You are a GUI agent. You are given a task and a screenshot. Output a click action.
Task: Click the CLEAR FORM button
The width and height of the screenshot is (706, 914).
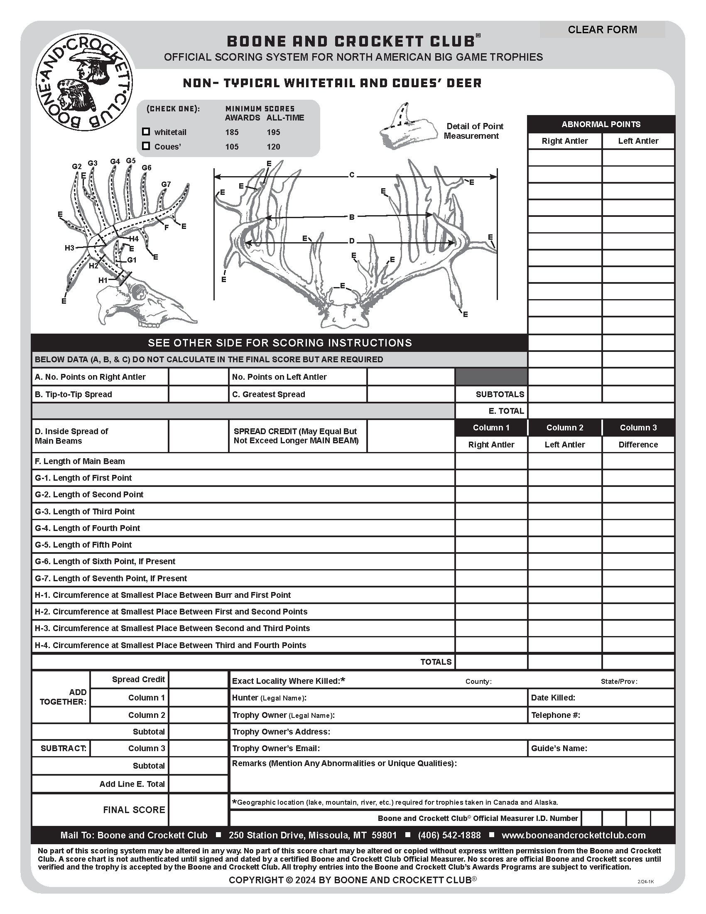click(602, 30)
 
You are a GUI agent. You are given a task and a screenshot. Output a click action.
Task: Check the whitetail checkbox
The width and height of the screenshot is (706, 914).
click(146, 132)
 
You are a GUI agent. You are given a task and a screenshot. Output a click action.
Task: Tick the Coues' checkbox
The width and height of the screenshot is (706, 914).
click(146, 146)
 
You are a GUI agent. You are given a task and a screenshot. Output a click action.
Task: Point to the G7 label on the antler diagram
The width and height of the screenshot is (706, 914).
click(166, 184)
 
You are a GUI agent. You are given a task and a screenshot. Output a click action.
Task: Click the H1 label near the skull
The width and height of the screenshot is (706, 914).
click(103, 280)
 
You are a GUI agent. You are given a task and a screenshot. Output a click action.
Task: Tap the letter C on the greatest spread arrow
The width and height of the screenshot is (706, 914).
click(352, 175)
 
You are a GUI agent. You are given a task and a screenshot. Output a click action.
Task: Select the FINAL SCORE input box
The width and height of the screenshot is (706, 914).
click(198, 809)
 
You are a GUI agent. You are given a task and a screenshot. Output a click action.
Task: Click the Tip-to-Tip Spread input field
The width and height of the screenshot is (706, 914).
click(198, 394)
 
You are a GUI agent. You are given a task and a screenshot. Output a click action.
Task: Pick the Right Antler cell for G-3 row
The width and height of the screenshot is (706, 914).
click(491, 511)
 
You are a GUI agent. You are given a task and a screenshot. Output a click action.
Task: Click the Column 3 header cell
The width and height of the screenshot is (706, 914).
click(638, 428)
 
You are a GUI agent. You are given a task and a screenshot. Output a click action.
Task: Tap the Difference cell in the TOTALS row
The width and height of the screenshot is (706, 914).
click(638, 662)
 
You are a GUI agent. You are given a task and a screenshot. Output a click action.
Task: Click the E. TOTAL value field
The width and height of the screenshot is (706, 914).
click(601, 411)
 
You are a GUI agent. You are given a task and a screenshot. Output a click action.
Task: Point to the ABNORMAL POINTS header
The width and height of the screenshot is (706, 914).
click(601, 124)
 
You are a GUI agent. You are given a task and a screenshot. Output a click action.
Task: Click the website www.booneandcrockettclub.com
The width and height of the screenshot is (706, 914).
click(574, 835)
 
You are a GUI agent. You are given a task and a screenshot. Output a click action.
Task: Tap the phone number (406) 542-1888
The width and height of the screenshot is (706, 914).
click(449, 835)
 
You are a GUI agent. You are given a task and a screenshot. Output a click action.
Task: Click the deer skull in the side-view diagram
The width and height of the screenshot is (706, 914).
click(142, 303)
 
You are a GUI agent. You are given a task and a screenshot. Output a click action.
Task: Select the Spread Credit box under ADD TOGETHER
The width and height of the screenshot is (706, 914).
click(198, 679)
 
